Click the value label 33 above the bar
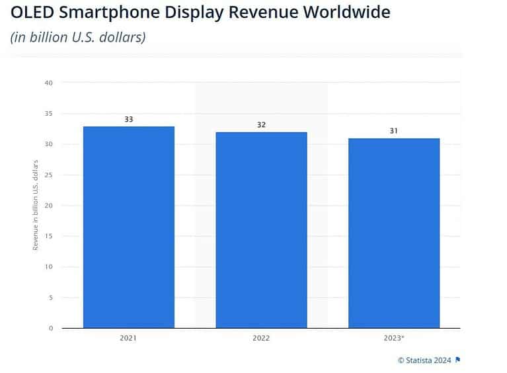[128, 120]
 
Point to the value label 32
[261, 125]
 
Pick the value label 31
[394, 131]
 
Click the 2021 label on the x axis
[128, 338]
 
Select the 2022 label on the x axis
[261, 338]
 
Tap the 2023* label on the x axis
[394, 338]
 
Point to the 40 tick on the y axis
[48, 83]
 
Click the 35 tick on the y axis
[48, 114]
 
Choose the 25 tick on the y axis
[48, 175]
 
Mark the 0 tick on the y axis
[50, 328]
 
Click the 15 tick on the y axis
[48, 236]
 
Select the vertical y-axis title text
[35, 205]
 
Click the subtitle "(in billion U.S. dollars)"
[78, 37]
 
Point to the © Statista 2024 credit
[424, 360]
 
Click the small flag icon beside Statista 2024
[458, 360]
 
